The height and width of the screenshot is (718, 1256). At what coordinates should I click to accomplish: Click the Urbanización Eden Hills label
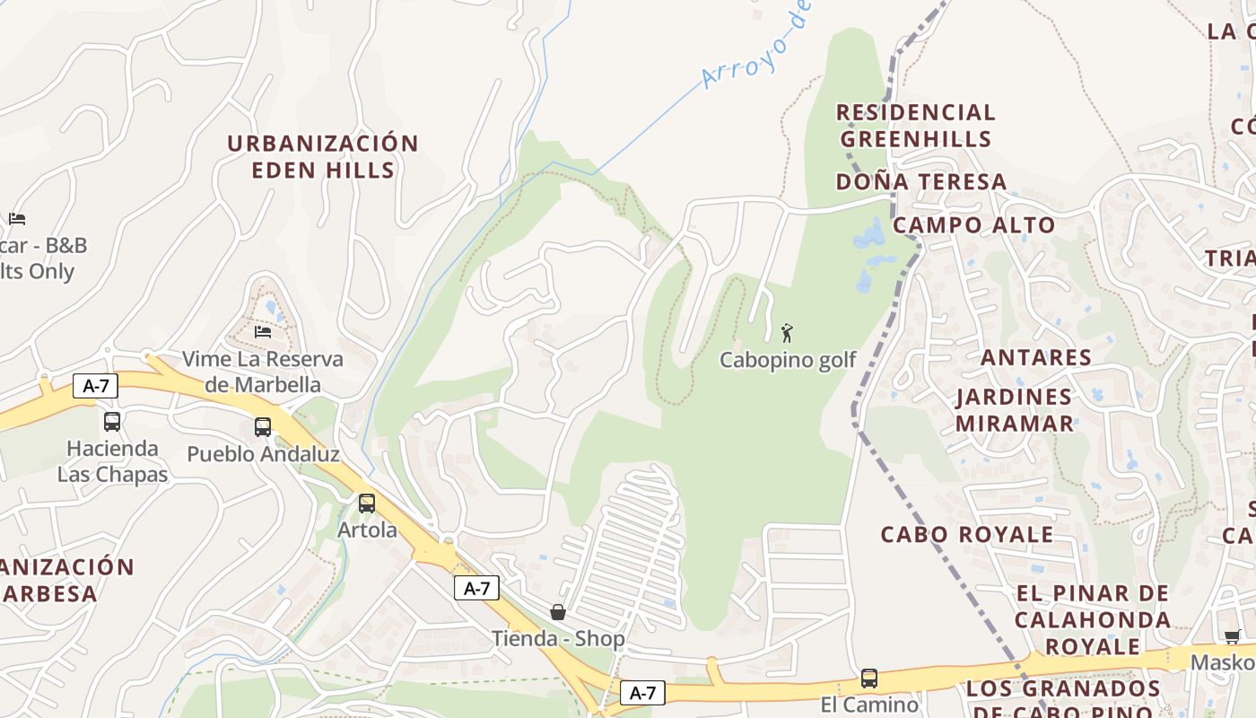pos(323,157)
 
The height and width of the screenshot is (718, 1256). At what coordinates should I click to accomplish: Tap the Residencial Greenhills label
pos(916,126)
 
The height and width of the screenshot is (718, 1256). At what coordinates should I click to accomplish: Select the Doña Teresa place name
pos(921,182)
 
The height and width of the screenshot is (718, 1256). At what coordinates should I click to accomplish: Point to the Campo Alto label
pos(974,224)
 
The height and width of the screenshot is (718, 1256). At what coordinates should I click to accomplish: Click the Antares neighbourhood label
pos(1036,357)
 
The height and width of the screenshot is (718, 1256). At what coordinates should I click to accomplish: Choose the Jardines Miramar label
pos(1014,410)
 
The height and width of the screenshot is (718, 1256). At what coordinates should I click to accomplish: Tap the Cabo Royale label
pos(967,535)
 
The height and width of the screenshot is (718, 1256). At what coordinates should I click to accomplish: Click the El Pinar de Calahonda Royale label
pos(1093,619)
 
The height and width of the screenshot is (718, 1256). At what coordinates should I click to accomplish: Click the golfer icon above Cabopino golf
pos(787,333)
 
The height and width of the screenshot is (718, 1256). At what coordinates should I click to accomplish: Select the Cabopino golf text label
pos(788,361)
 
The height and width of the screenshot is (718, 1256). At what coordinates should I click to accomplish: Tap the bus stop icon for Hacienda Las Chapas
pos(112,422)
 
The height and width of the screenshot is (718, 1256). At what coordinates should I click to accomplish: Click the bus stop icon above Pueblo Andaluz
pos(263,427)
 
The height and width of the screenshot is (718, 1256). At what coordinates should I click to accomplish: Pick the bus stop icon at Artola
pos(367,503)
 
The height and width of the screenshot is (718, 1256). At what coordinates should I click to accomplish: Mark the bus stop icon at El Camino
pos(868,679)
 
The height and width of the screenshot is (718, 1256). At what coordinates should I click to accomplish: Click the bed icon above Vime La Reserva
pos(263,331)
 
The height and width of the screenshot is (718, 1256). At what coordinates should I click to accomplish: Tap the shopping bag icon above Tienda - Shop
pos(558,612)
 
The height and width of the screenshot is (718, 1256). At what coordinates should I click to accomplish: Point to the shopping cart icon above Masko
pos(1233,636)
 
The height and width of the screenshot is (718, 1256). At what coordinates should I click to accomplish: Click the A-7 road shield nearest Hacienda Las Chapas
pos(95,386)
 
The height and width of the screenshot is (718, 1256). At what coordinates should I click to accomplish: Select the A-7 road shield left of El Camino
pos(642,692)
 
